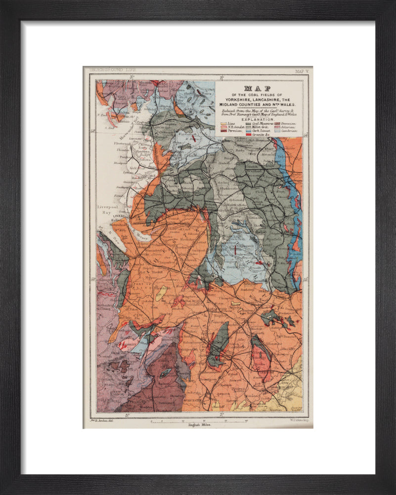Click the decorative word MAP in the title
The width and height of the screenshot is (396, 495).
tap(259, 89)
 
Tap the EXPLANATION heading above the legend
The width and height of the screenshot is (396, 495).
tap(258, 119)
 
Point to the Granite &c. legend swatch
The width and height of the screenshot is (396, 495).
tap(249, 134)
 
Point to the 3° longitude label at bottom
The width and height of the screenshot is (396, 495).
tap(127, 415)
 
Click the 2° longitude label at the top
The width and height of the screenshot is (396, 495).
tap(222, 77)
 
